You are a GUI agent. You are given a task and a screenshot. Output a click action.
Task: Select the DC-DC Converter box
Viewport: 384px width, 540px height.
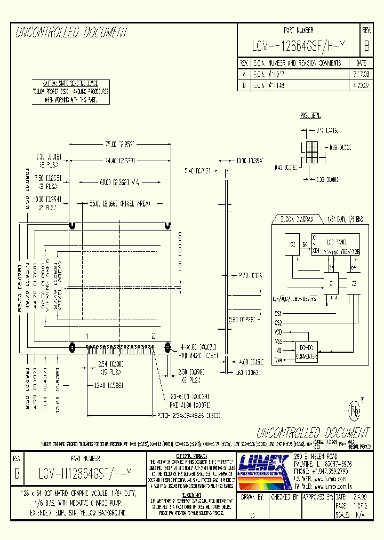[307, 353]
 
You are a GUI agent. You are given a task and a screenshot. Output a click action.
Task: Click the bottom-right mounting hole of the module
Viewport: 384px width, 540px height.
[167, 348]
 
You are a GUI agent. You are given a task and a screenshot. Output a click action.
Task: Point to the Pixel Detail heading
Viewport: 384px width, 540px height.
[310, 115]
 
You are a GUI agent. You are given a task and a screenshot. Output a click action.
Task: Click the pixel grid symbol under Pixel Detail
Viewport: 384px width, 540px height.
[311, 151]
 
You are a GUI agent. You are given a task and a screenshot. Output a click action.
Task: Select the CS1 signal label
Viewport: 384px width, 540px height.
[278, 314]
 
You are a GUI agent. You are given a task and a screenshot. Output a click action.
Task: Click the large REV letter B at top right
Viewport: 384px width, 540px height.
[366, 46]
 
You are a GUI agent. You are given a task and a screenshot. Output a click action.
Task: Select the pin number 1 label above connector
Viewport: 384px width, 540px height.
[87, 336]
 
